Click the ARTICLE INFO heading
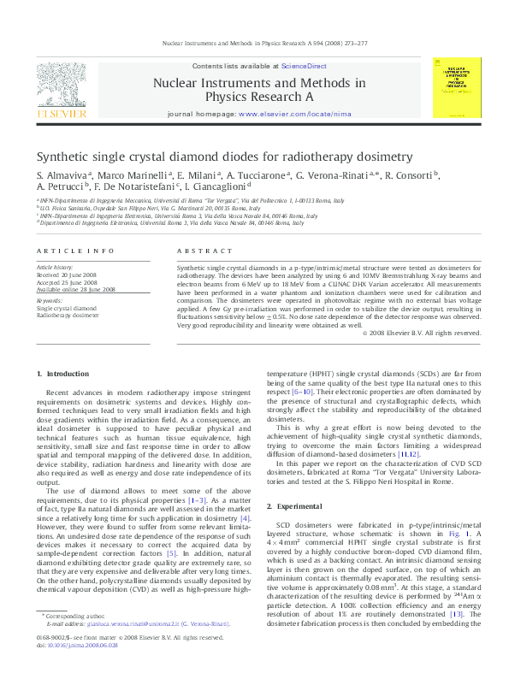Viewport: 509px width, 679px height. pyautogui.click(x=75, y=251)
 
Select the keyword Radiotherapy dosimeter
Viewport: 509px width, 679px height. pyautogui.click(x=68, y=316)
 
